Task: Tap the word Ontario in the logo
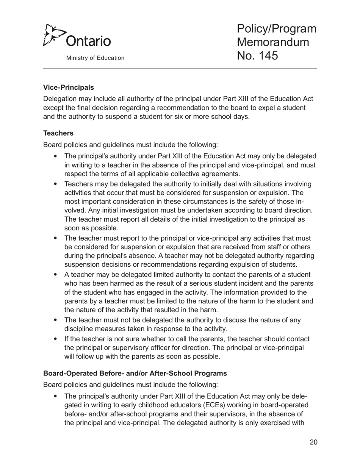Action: pos(89,41)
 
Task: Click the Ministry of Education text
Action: pos(95,58)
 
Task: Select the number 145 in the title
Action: pos(268,56)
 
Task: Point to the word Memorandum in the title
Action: pos(273,42)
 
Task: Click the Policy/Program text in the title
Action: pos(277,29)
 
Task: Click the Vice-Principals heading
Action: pos(69,88)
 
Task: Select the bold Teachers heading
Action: pos(58,133)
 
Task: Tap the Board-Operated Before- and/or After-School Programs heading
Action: pos(135,373)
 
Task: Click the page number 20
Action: pos(313,442)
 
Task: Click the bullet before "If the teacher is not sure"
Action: pos(56,339)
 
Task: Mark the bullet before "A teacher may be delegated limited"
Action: pos(56,274)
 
